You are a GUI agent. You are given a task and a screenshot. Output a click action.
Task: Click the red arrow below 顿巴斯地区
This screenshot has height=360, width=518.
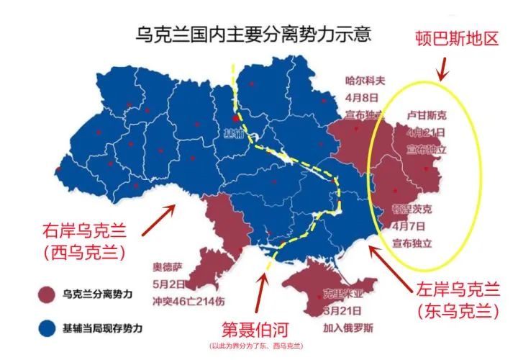pyautogui.click(x=442, y=70)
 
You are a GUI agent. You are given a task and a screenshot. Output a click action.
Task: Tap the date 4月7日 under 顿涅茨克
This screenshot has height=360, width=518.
pyautogui.click(x=408, y=226)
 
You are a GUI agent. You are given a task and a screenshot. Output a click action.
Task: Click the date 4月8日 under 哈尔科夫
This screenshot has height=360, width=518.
pyautogui.click(x=360, y=98)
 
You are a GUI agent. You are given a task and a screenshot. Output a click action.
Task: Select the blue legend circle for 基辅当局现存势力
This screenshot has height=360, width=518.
pyautogui.click(x=47, y=328)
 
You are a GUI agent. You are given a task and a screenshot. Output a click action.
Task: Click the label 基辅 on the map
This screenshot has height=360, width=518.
pyautogui.click(x=234, y=133)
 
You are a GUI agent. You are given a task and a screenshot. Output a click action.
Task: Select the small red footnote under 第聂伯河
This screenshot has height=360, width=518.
pyautogui.click(x=255, y=346)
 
